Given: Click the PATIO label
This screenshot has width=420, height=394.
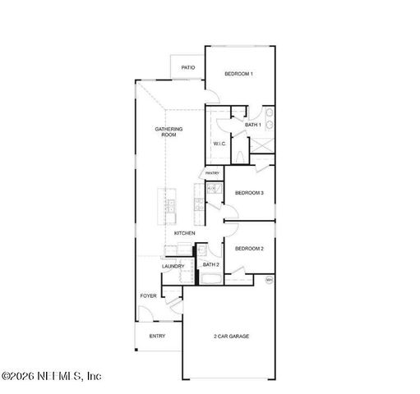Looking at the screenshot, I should tap(187, 66).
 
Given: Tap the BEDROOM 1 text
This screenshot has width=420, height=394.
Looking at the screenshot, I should tap(239, 75).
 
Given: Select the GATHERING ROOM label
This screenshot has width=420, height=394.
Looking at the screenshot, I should tap(168, 131).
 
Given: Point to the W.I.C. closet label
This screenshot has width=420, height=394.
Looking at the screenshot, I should tap(219, 144).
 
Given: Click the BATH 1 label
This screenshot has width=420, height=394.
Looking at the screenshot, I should tap(252, 125).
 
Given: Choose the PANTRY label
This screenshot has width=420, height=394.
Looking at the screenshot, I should tap(212, 173).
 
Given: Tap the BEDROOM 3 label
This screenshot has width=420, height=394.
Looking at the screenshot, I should tap(249, 193).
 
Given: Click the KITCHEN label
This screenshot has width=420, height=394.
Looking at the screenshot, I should tap(184, 234).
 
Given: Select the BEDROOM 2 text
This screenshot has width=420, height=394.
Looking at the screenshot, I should tap(249, 248).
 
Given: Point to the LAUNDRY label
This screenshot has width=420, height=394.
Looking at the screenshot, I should tap(173, 266).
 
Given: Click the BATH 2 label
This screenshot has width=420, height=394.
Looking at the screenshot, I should tap(210, 264).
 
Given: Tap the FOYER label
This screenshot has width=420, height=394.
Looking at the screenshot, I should tap(148, 295).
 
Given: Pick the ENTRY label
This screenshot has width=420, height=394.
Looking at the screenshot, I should tap(157, 336).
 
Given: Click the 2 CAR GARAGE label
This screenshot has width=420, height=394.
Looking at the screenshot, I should tap(231, 337).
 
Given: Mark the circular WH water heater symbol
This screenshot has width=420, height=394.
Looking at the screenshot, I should tap(269, 280).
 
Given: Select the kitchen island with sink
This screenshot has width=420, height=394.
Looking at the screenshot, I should tap(169, 208).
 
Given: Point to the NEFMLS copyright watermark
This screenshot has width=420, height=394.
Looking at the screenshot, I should tap(51, 376).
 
